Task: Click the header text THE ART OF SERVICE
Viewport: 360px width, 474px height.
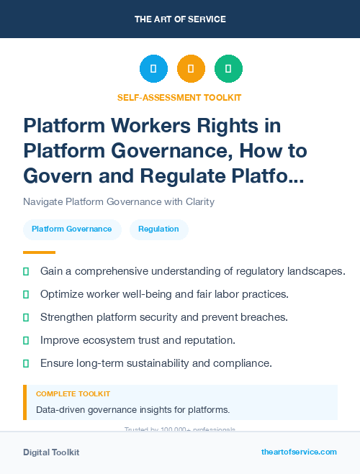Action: (180, 19)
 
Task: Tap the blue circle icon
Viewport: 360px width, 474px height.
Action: (153, 69)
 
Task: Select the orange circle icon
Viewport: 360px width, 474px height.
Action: (191, 69)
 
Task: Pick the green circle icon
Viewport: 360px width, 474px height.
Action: (228, 69)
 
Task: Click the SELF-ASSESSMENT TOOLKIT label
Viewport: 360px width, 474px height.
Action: (179, 97)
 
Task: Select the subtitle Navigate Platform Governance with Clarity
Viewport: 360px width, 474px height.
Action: (119, 201)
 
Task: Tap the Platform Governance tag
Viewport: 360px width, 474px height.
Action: (71, 229)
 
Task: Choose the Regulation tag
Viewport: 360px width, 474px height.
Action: (158, 229)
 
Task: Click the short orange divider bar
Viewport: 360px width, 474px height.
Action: (39, 252)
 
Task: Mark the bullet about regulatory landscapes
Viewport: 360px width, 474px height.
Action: (192, 271)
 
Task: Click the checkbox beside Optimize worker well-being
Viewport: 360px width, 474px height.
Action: (26, 294)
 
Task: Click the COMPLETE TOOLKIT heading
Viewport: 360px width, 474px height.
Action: (73, 394)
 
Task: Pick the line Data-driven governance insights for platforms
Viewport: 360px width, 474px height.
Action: (132, 410)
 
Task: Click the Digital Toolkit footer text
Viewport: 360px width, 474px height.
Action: (51, 452)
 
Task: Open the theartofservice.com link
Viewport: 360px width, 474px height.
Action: (298, 452)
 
